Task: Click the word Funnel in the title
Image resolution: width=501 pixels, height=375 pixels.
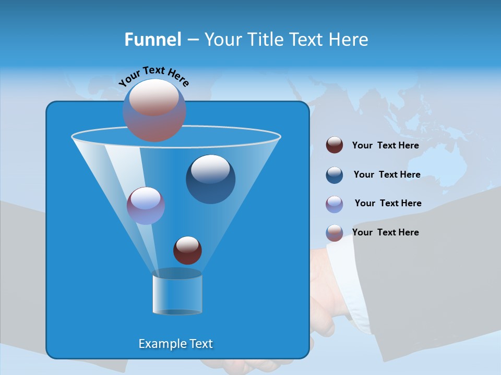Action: (x=152, y=40)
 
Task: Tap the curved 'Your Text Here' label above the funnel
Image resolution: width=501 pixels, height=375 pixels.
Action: (x=154, y=76)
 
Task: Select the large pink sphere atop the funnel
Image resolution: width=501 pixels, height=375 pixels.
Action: (x=154, y=110)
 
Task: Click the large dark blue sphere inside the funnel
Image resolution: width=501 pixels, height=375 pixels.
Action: (x=210, y=179)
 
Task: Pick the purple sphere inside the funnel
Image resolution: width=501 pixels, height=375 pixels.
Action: (x=146, y=206)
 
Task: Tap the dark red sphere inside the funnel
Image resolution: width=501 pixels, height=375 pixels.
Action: (x=187, y=250)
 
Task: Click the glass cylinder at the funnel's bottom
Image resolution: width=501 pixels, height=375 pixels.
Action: (x=177, y=294)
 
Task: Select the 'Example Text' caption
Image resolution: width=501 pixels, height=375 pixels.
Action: (x=176, y=344)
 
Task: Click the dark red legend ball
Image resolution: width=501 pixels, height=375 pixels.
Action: (x=335, y=145)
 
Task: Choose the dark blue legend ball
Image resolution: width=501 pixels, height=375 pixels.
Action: (x=335, y=175)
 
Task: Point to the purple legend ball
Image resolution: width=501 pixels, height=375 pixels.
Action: (x=335, y=204)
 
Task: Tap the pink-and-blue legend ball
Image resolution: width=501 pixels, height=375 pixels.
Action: (x=335, y=233)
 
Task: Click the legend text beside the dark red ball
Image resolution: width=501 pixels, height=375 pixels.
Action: (x=385, y=145)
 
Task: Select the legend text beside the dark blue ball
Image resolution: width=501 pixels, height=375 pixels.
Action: (x=387, y=174)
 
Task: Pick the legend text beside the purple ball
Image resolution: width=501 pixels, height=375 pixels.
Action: (x=388, y=203)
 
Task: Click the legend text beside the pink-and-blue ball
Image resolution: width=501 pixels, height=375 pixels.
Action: (x=385, y=232)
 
